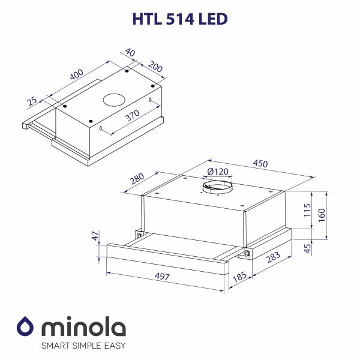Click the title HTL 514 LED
179,19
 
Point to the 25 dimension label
32,101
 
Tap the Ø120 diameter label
217,172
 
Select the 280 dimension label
137,179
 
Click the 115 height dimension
307,211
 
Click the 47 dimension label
94,238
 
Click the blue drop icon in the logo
25,327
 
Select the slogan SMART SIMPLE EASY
83,346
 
